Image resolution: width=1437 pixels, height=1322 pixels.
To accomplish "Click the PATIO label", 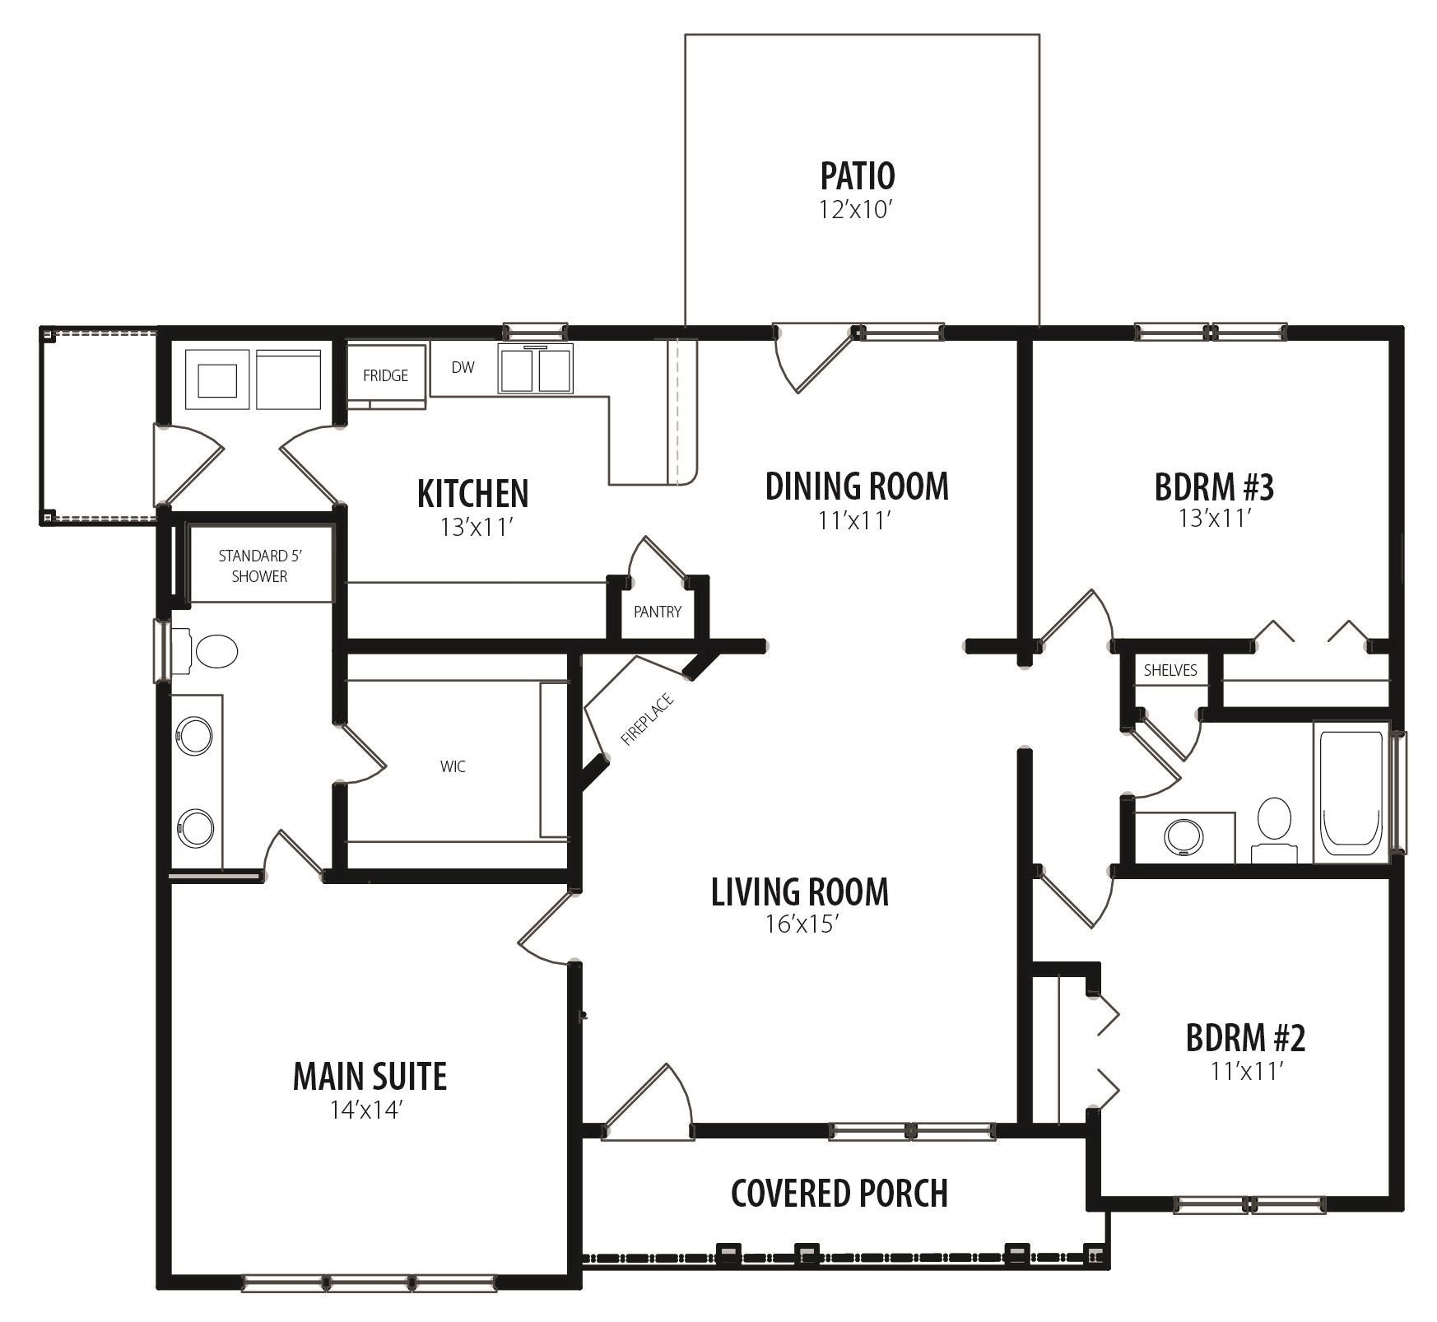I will [x=857, y=175].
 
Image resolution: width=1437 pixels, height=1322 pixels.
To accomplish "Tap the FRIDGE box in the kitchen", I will [x=385, y=375].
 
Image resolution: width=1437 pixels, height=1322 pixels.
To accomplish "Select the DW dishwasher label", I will [x=463, y=367].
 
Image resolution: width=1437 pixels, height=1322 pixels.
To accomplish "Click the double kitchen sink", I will [x=537, y=370].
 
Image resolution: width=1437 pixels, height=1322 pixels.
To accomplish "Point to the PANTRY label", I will [x=657, y=612].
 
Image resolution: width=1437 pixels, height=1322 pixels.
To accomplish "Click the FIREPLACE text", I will [x=648, y=720].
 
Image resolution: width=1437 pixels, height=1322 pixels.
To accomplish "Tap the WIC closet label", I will [x=453, y=766].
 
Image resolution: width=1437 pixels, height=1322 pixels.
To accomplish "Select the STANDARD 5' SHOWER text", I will [x=259, y=566].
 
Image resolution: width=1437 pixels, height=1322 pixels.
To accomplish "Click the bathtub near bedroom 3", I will [x=1350, y=794].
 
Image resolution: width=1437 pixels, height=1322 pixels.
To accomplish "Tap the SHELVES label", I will [x=1170, y=670].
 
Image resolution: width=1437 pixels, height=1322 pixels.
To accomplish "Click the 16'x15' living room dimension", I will [x=801, y=924].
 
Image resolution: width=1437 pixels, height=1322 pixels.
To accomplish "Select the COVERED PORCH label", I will [x=839, y=1193].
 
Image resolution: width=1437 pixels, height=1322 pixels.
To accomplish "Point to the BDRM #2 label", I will [x=1244, y=1038].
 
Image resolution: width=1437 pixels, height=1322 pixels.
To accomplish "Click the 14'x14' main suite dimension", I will [x=366, y=1110].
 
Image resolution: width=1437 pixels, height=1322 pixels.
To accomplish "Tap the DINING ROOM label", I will [x=856, y=486].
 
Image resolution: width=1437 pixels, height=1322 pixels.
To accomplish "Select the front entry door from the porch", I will [x=647, y=1106].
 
